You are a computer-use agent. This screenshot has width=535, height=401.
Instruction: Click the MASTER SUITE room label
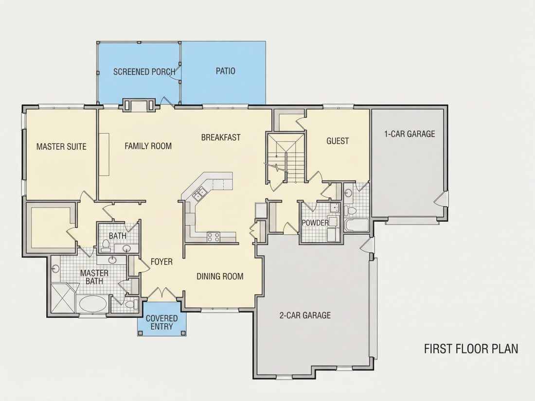(61, 147)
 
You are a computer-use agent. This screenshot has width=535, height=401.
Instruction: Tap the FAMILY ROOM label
(148, 146)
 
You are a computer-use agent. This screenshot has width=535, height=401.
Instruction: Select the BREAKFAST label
(221, 138)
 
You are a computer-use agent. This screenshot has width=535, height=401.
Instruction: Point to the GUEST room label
(338, 141)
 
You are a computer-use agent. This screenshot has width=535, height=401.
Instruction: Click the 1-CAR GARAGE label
(410, 134)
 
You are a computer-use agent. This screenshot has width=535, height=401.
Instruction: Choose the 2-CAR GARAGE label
(305, 315)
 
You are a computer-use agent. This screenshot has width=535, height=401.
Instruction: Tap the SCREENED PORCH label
(144, 72)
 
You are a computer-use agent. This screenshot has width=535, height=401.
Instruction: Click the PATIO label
(226, 71)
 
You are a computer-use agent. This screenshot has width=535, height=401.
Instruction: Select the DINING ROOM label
(220, 276)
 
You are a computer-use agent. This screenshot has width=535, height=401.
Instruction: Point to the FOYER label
(162, 262)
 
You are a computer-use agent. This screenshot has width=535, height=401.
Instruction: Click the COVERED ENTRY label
(162, 322)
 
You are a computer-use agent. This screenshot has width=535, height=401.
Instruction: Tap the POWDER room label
(315, 223)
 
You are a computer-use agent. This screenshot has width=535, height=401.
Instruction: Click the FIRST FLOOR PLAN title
(471, 349)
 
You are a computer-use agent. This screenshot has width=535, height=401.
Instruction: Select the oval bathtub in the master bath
(93, 303)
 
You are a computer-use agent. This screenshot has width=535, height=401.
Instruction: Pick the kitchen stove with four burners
(213, 237)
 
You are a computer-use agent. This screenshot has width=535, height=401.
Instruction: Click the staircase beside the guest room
(286, 157)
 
